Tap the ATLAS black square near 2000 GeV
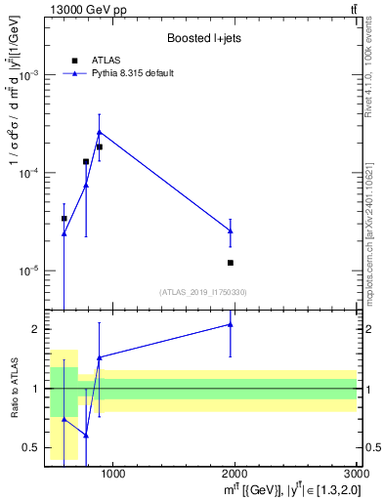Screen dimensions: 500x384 click(231, 263)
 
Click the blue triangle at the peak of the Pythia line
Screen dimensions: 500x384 click(99, 132)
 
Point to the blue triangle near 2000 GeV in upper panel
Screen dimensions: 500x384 click(231, 230)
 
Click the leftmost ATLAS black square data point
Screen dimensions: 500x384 click(64, 219)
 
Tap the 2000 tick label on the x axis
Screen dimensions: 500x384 click(235, 476)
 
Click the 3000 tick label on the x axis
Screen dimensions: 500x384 click(356, 476)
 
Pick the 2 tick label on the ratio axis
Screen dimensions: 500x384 click(35, 329)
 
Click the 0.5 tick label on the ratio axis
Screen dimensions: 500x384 click(31, 448)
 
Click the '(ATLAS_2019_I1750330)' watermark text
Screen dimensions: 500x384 click(203, 292)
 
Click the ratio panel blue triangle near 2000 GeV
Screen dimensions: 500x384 click(231, 324)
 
